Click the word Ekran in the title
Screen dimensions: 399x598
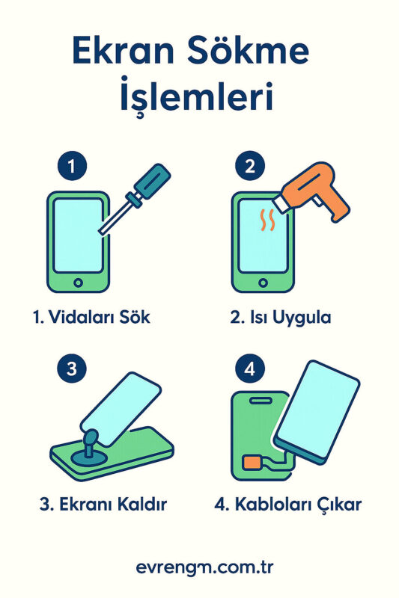(123, 51)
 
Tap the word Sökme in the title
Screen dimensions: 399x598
(249, 50)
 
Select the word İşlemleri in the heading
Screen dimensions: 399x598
(197, 96)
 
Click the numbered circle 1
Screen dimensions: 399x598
(72, 166)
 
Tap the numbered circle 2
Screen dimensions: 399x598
(250, 166)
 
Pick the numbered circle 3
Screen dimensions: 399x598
(72, 369)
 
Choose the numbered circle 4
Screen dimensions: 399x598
(250, 369)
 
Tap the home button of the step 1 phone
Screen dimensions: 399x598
(79, 283)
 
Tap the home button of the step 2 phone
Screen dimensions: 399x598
(263, 283)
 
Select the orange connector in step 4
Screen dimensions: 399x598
(252, 462)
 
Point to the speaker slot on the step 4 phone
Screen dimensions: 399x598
(261, 400)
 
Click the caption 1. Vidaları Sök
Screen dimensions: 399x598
(91, 317)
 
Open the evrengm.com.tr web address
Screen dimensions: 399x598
(204, 567)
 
